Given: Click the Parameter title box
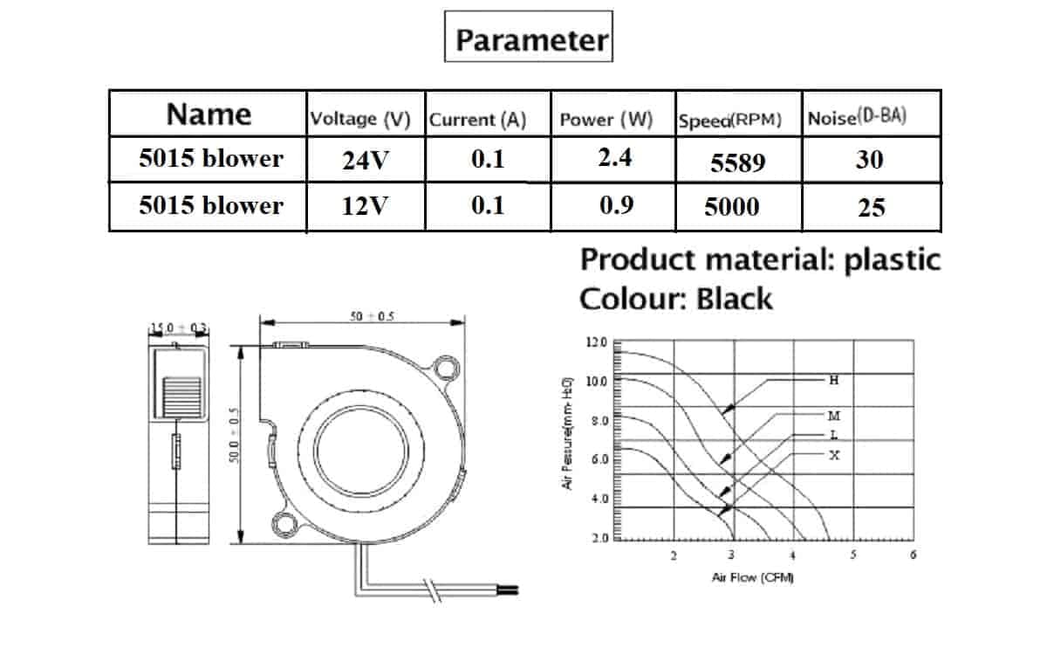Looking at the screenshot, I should coord(529,37).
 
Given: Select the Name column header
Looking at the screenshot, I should coord(209,114).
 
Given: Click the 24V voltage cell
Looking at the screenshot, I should coord(365,161).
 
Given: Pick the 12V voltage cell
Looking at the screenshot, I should coord(365,207).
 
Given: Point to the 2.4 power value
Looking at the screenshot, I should coord(616,157).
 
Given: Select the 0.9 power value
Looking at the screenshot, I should coord(616,204).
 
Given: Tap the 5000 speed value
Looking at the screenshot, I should coord(732,207).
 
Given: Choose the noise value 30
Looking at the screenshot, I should coord(869,160).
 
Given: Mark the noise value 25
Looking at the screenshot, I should coord(871,208).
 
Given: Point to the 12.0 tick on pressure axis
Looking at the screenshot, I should coord(597,342).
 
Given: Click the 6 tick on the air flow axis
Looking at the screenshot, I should coord(912,555).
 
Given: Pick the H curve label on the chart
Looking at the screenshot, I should coord(834,380).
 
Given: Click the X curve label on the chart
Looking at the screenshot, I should coord(834,455).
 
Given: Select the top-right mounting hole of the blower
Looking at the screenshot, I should coord(448,369).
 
